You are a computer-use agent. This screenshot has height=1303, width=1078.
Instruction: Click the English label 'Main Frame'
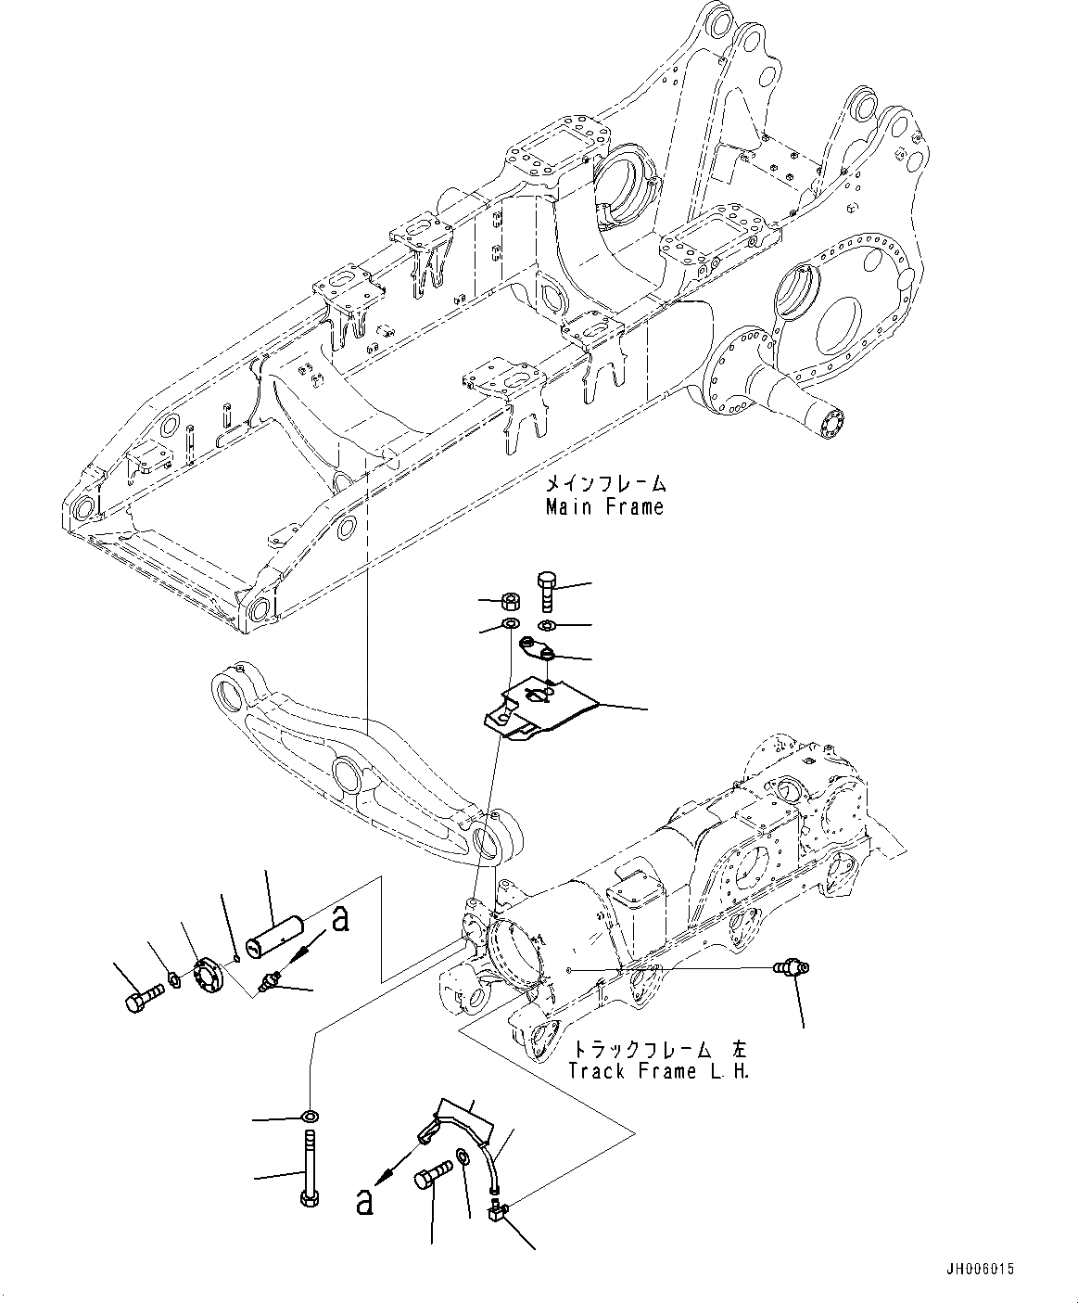(604, 506)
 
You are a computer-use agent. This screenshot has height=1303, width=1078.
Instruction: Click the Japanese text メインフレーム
(604, 484)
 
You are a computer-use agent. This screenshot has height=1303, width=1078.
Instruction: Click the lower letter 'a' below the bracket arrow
(366, 1202)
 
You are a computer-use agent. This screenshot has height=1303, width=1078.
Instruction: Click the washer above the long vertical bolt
(309, 1114)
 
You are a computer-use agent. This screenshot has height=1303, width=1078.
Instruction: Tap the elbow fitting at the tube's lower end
(497, 1211)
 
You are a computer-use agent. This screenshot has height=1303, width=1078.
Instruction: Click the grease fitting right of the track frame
(786, 969)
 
